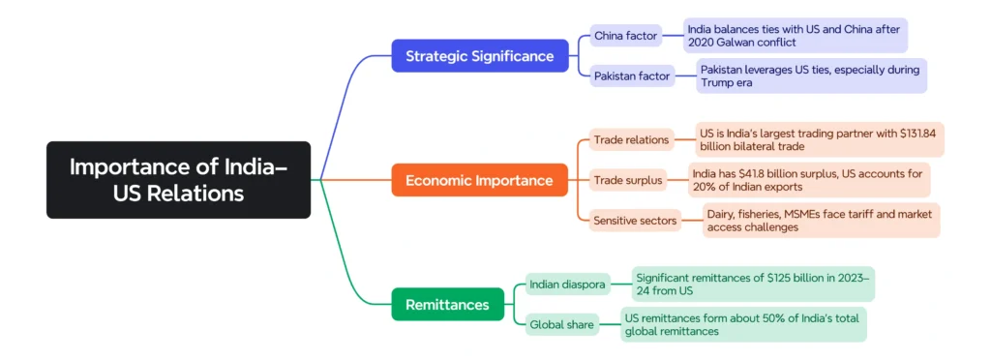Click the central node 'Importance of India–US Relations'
(178, 180)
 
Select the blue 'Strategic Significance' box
(479, 56)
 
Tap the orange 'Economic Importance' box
(479, 180)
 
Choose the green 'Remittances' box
(447, 304)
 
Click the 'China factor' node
(625, 36)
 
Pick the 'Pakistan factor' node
(632, 75)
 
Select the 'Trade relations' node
(630, 139)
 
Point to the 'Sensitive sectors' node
(634, 221)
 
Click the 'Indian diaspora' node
(566, 285)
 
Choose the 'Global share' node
(561, 325)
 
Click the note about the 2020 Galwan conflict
(795, 36)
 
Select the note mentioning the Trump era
(811, 75)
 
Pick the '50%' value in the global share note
(762, 317)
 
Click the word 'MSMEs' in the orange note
(819, 214)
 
